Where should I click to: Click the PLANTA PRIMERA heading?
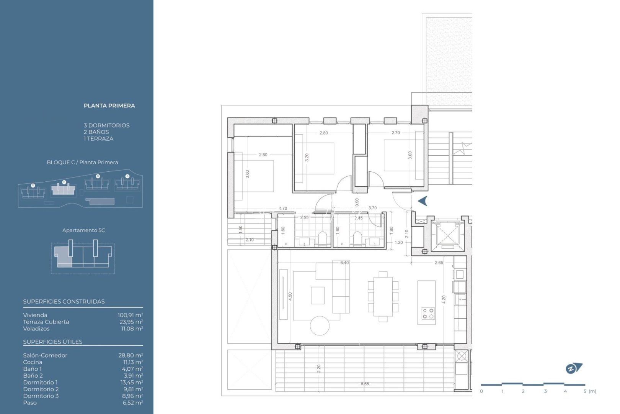109,106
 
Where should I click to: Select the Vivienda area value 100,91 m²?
130,315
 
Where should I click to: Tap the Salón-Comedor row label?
45,355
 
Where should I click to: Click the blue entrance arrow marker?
423,201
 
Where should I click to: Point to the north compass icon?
573,368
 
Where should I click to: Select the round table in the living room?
320,326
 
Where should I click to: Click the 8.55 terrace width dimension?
365,384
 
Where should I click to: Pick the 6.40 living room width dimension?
344,263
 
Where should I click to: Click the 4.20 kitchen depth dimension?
444,300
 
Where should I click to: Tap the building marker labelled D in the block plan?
33,186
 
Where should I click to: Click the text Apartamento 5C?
83,230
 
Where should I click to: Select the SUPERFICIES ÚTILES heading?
53,342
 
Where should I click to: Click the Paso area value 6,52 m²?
133,403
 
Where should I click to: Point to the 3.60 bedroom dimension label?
247,174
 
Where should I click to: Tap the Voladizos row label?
36,329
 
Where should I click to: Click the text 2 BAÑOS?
96,132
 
